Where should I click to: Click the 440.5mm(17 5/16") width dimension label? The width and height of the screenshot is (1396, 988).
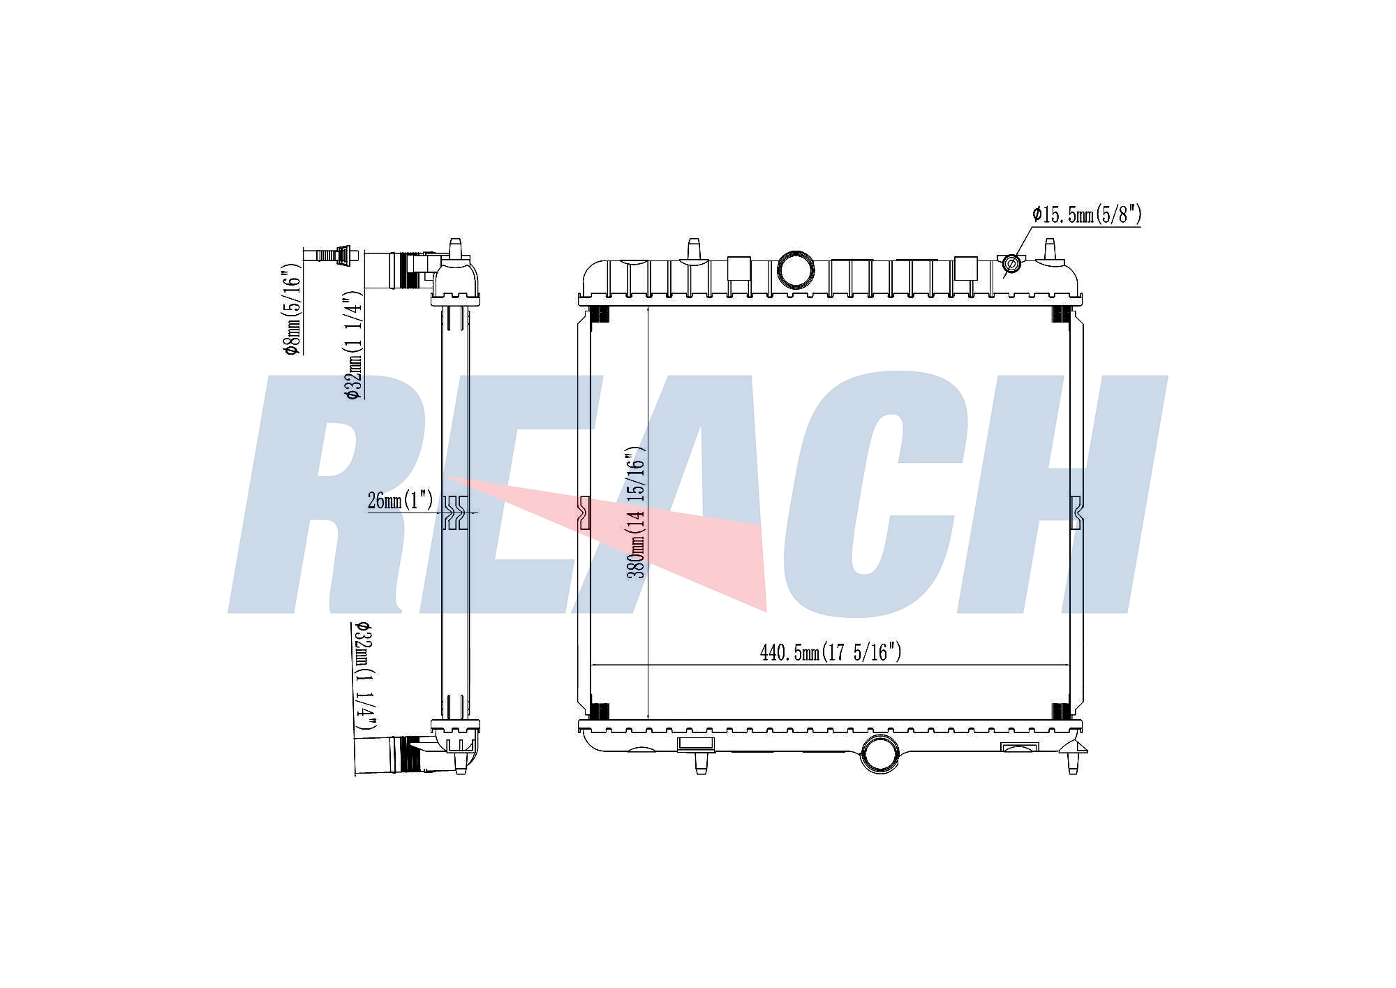pyautogui.click(x=831, y=652)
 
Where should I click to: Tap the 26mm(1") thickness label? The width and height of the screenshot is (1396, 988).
pyautogui.click(x=401, y=501)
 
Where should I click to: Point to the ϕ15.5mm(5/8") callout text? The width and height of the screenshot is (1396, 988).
pyautogui.click(x=1087, y=214)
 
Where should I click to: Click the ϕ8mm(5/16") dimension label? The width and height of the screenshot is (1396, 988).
pyautogui.click(x=292, y=309)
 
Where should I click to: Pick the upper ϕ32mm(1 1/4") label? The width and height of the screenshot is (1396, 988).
pyautogui.click(x=353, y=344)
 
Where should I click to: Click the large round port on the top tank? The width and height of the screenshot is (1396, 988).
pyautogui.click(x=796, y=270)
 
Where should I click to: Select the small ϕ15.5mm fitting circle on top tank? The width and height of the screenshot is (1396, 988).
pyautogui.click(x=1011, y=264)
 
